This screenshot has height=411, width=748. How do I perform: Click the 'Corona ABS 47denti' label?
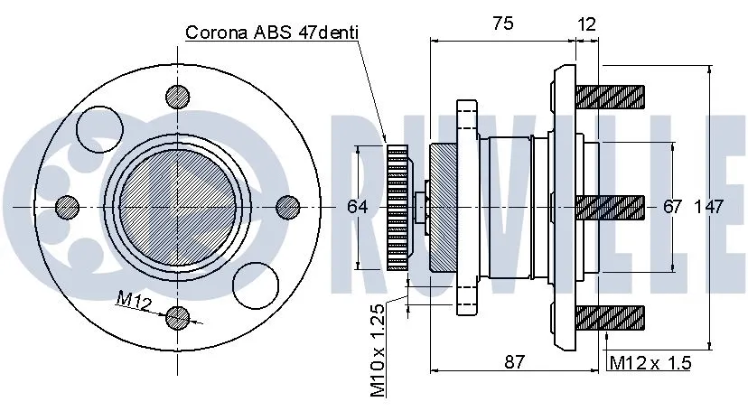coord(272,33)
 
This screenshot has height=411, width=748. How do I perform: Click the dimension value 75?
coord(502,24)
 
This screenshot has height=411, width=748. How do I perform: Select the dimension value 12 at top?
coord(586,24)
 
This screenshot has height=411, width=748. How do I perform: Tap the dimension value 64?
coord(358,207)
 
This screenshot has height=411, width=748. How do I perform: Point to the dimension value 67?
coord(672,207)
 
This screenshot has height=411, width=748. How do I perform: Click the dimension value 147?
coord(709,207)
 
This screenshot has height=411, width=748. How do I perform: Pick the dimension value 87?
coord(514,361)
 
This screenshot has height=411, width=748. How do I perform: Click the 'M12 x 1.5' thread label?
coord(650,363)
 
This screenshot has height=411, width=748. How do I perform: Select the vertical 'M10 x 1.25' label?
coord(378,350)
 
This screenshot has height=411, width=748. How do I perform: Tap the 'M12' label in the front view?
coord(134,302)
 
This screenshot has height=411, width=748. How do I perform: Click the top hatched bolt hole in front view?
coord(178,97)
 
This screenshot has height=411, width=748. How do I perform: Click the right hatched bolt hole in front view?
coord(287,207)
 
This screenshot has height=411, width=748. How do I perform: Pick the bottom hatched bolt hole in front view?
coord(178,317)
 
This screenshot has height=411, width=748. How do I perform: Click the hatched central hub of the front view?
coord(178,207)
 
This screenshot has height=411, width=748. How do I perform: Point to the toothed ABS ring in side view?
coord(397,207)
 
